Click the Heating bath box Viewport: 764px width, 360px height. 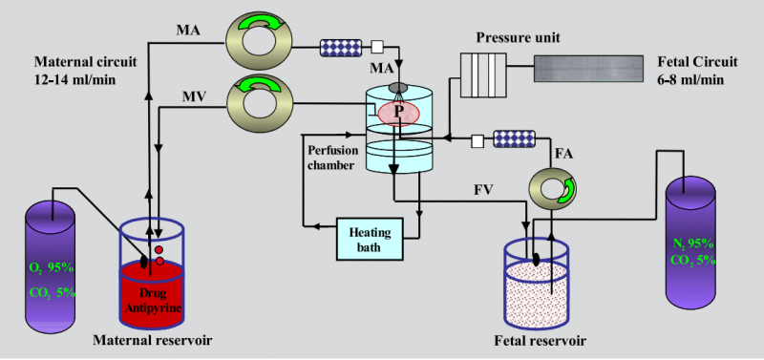coord(371,239)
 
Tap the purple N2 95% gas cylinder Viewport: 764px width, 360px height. coord(691,243)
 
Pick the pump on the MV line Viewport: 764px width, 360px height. coord(259,103)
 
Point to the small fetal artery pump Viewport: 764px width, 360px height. coord(553,186)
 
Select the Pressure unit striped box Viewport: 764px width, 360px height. coord(481,75)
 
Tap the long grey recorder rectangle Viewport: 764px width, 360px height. coord(588,68)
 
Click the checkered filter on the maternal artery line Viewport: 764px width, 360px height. coord(341,47)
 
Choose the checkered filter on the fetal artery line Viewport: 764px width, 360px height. coord(514,138)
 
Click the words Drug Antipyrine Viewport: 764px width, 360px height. coord(153,301)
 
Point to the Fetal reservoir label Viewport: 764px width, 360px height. coord(541,340)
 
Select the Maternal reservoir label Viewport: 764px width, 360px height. coord(153,340)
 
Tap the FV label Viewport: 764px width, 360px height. coord(485,189)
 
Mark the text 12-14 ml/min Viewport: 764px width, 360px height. coord(75,79)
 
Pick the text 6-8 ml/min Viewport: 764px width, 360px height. coord(690,79)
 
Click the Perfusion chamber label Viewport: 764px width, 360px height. coord(330,158)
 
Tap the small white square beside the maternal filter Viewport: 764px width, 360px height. coord(377,47)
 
